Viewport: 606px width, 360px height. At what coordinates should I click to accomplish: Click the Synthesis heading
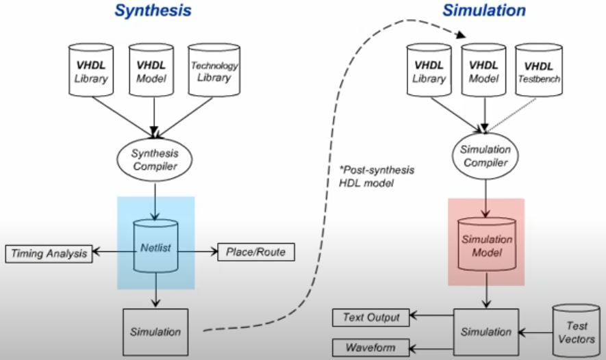click(x=151, y=11)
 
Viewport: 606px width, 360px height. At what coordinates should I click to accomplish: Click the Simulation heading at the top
click(x=483, y=11)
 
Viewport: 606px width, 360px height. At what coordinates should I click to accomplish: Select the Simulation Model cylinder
click(x=485, y=244)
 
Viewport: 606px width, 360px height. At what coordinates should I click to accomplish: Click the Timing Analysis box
click(x=49, y=254)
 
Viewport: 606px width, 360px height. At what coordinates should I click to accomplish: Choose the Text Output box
click(x=370, y=317)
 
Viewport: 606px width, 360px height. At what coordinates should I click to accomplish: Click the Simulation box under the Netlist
click(x=156, y=333)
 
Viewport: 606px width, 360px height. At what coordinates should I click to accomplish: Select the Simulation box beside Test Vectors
click(x=485, y=332)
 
